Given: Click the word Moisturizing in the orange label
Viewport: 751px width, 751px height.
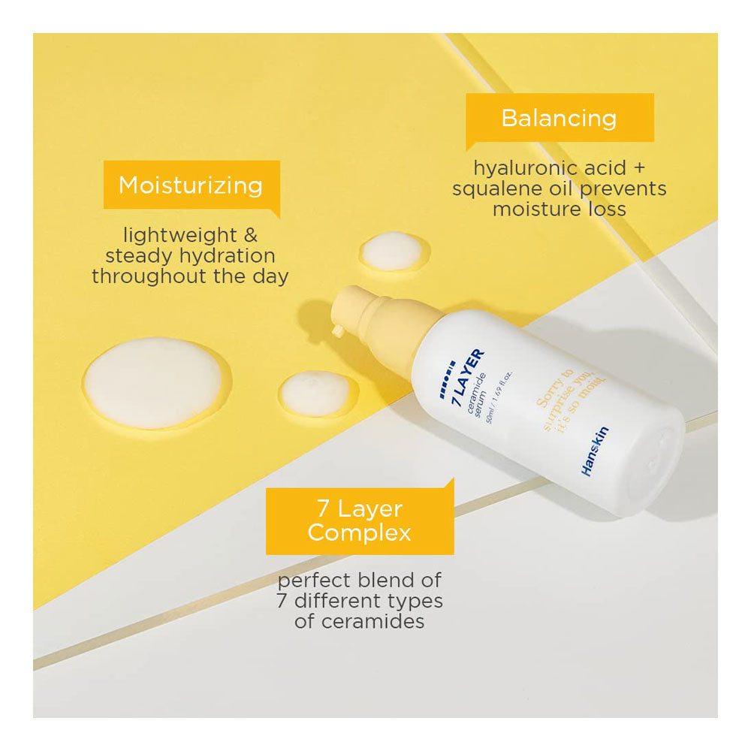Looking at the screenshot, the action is point(191,185).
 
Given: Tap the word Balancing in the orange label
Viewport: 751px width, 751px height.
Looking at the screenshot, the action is point(559,119).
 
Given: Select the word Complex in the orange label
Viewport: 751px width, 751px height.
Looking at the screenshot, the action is point(359,533).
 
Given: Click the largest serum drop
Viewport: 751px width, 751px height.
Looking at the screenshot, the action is point(153,383).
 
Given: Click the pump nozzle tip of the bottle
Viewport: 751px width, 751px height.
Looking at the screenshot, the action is point(338,330).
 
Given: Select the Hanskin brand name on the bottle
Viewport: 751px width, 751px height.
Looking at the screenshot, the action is point(595,451).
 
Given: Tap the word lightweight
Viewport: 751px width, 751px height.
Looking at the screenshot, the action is point(180,236).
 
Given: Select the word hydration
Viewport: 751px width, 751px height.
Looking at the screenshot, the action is point(227,256).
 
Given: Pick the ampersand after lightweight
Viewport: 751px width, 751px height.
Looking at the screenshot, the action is point(251,235).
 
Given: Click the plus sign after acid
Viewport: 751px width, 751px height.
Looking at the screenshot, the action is point(639,168).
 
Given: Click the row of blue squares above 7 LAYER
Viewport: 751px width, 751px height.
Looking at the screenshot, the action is point(448,379).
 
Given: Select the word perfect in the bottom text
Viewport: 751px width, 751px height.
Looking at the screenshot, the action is point(314,581).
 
